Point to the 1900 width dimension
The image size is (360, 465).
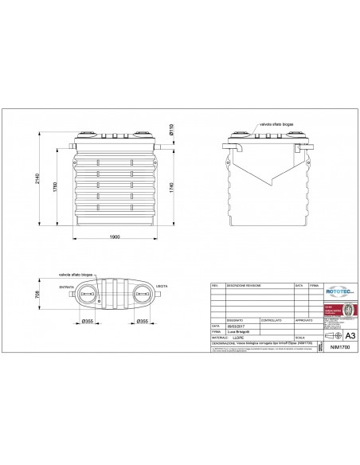(x=114, y=237)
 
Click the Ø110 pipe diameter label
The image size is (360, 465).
(x=173, y=127)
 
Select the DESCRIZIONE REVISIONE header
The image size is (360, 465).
(x=243, y=283)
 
